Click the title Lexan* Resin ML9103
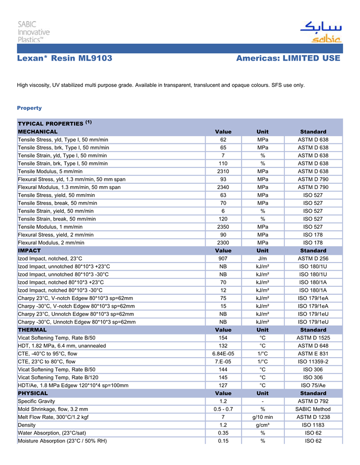click(65, 59)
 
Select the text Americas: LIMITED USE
click(288, 59)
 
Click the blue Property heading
click(29, 108)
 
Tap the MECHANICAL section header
click(37, 132)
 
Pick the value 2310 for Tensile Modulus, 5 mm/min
click(223, 171)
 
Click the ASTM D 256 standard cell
click(313, 258)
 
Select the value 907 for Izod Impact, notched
click(223, 258)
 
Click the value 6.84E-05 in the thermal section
click(223, 354)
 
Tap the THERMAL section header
click(32, 329)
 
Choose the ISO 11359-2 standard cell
click(313, 361)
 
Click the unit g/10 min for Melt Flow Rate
click(262, 417)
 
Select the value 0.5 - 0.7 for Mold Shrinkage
click(223, 409)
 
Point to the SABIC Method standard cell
click(313, 409)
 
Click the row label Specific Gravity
click(37, 401)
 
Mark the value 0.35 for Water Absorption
click(223, 433)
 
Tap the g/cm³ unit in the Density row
click(262, 425)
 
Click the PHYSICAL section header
click(33, 393)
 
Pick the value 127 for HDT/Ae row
click(223, 385)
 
